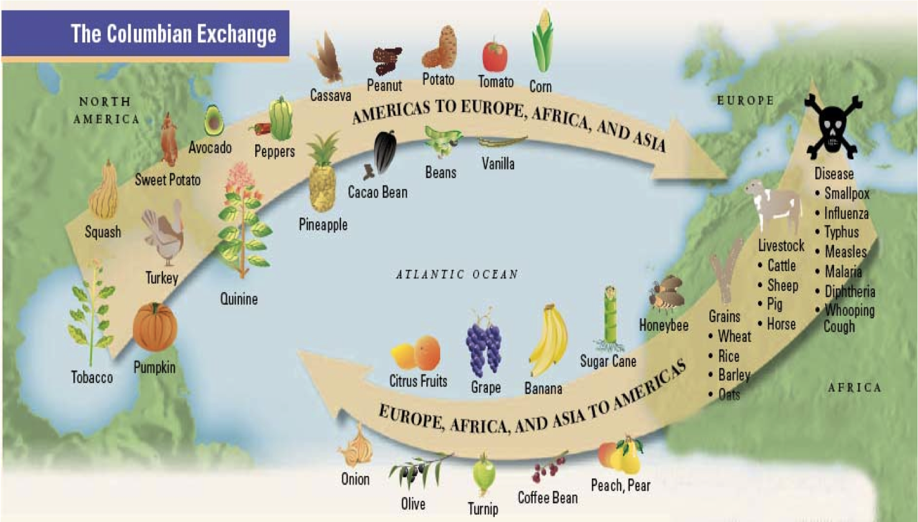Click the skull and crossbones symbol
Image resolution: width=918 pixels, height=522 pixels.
[x=833, y=127]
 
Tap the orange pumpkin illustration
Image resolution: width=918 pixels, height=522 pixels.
[x=155, y=328]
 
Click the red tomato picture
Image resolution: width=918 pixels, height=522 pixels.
[x=495, y=56]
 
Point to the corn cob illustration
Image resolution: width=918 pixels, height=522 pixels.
[x=542, y=42]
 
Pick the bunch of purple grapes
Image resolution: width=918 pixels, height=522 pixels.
[x=484, y=346]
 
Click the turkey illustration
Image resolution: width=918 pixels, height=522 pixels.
[x=163, y=235]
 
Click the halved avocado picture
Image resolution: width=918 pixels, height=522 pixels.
[x=213, y=121]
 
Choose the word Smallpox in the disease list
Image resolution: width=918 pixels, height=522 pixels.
[x=846, y=194]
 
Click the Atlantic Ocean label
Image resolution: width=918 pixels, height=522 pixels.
[x=457, y=274]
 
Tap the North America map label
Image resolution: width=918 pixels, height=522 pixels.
[x=106, y=110]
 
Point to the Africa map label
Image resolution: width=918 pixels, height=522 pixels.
[x=854, y=387]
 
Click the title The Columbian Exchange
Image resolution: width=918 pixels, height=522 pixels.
[x=173, y=34]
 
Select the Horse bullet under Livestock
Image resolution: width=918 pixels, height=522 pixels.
[x=781, y=324]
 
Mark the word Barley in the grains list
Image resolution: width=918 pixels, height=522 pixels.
[x=734, y=375]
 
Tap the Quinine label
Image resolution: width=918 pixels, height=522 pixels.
[x=239, y=299]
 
